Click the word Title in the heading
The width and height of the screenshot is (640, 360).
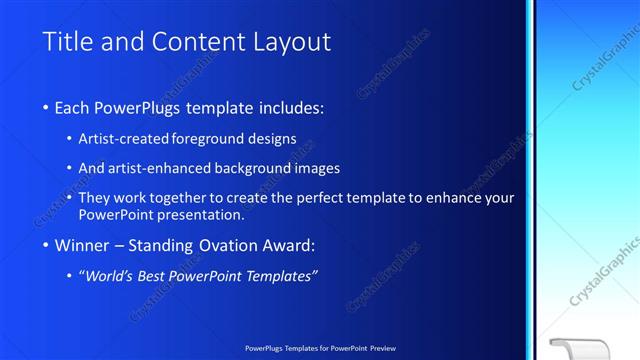(x=66, y=42)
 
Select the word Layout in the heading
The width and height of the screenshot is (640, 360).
(x=287, y=42)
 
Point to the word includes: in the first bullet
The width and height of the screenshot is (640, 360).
(x=290, y=107)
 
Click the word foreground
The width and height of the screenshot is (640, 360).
(x=209, y=138)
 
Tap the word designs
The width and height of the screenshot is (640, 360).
(x=273, y=138)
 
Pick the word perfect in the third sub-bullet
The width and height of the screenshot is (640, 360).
(x=336, y=198)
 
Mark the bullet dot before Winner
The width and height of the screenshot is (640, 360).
(x=47, y=245)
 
